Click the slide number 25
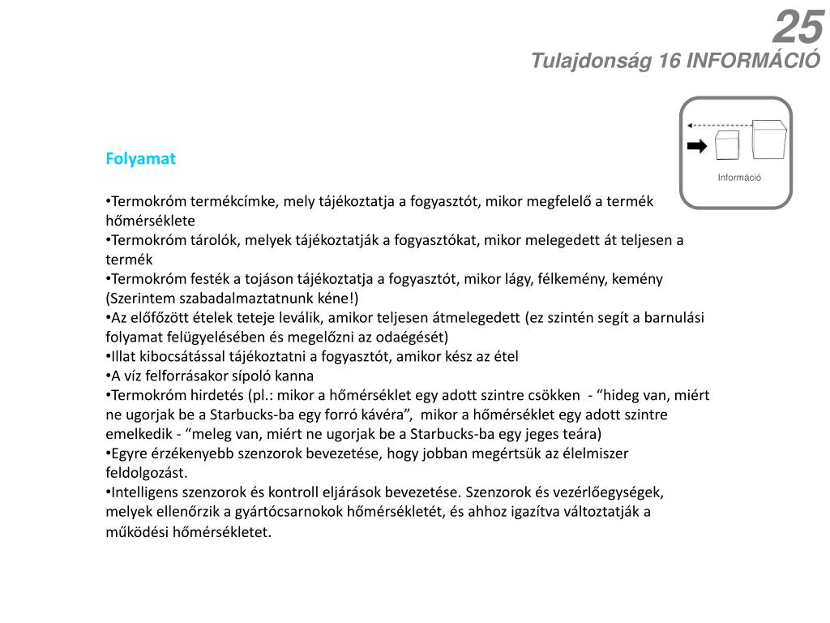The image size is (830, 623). pyautogui.click(x=798, y=28)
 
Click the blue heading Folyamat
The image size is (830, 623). pyautogui.click(x=140, y=159)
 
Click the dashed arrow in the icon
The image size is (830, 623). pyautogui.click(x=718, y=126)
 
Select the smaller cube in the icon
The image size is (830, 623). pyautogui.click(x=727, y=146)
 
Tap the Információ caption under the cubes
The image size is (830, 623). pyautogui.click(x=738, y=178)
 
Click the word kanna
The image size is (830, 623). pyautogui.click(x=293, y=376)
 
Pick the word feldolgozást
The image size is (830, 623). pyautogui.click(x=146, y=472)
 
